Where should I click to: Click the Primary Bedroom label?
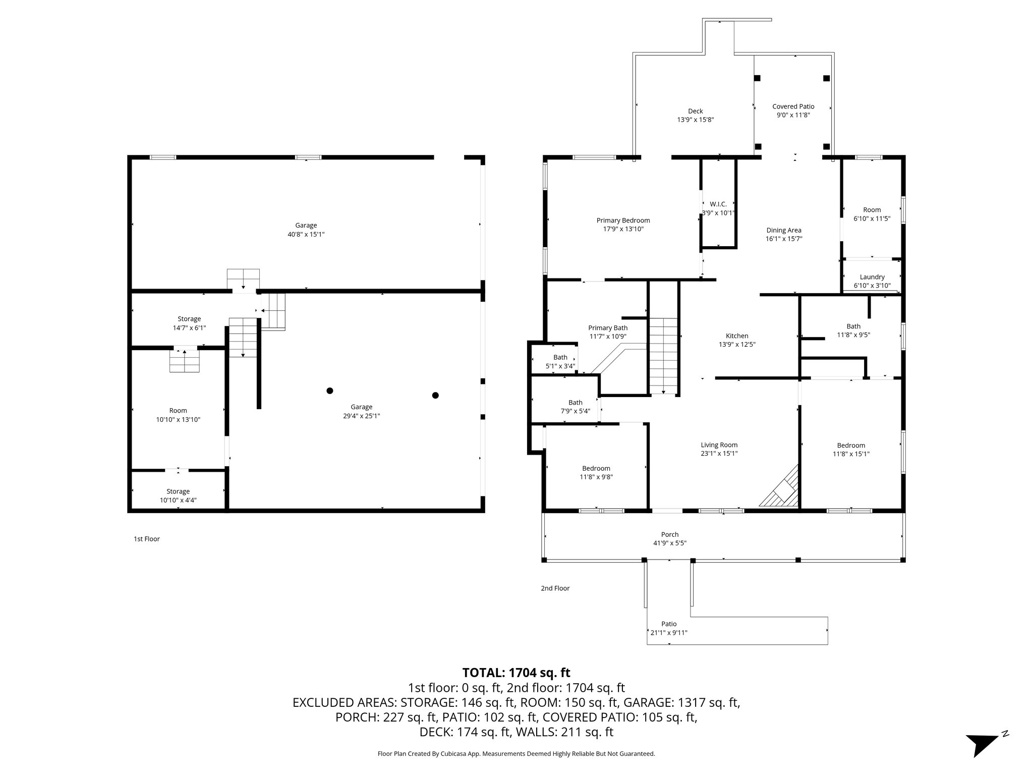[623, 220]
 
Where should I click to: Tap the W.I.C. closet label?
[718, 204]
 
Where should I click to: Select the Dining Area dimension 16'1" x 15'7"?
[783, 239]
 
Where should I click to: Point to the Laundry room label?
[872, 277]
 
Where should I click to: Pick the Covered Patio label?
[793, 106]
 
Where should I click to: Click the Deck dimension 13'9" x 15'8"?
[695, 120]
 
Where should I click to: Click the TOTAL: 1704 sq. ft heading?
[516, 673]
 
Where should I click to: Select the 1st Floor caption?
[146, 539]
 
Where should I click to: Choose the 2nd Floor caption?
[555, 588]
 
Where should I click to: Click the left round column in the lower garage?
[330, 391]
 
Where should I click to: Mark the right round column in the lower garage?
[435, 395]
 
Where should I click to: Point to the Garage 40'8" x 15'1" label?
[306, 230]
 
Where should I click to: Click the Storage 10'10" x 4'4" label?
[178, 495]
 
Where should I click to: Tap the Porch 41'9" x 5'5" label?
[669, 538]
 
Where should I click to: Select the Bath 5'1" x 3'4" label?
[560, 362]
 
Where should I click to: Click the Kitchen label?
[736, 336]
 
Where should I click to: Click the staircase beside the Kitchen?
[663, 356]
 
